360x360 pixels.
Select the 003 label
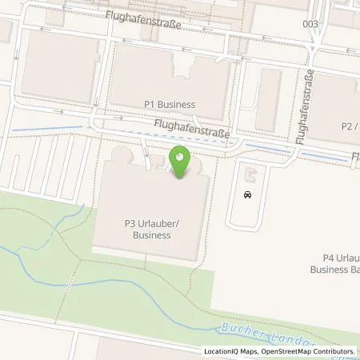click(310, 24)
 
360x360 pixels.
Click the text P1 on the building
click(150, 104)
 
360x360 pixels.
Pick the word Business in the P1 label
click(177, 104)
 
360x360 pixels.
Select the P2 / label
click(349, 126)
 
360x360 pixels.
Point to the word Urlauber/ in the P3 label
click(160, 224)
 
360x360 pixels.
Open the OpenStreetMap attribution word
click(286, 351)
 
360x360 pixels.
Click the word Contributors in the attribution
click(334, 351)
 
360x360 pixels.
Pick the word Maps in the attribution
click(250, 351)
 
